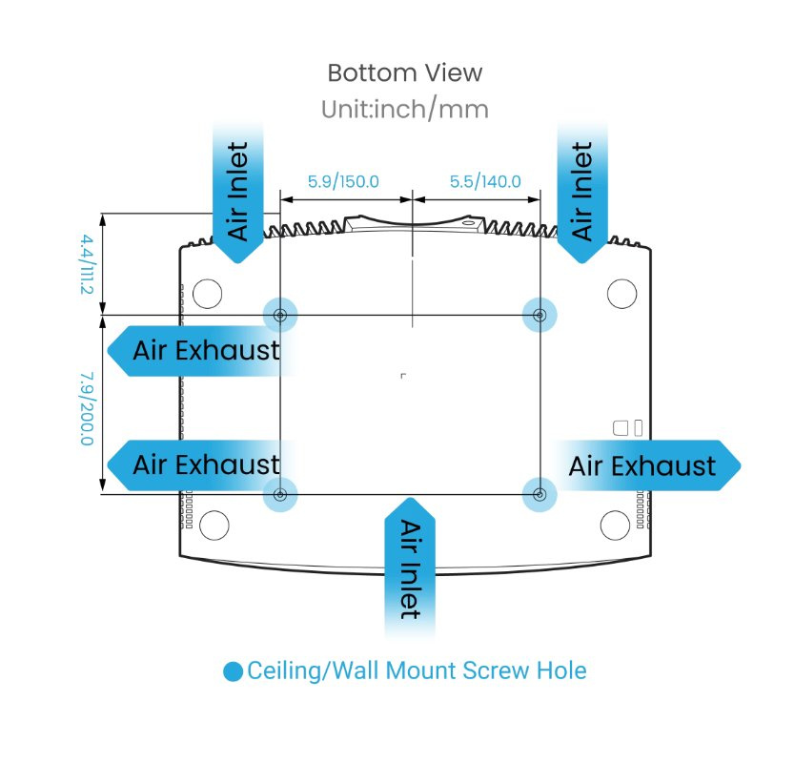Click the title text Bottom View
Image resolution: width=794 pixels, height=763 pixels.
404,72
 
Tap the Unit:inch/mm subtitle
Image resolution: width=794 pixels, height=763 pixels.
404,110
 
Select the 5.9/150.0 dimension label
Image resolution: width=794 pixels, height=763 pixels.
343,181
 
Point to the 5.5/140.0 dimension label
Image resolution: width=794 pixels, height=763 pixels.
485,181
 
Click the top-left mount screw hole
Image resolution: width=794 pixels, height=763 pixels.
280,315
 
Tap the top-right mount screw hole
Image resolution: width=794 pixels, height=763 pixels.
540,315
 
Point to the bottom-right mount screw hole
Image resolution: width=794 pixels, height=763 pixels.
540,494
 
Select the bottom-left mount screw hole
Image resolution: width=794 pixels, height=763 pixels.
280,494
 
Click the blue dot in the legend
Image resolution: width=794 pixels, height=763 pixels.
233,671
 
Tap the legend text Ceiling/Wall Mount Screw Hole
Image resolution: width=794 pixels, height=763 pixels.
417,670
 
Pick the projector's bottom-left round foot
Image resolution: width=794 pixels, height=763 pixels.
215,525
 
